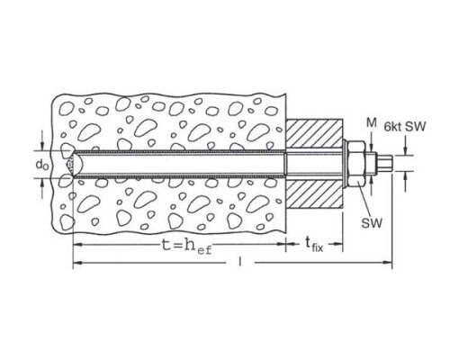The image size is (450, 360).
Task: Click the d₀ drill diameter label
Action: click(x=42, y=165)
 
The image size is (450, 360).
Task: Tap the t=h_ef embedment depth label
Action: click(x=186, y=247)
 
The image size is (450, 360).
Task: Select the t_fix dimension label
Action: click(x=314, y=245)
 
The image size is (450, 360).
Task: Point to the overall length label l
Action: click(x=239, y=261)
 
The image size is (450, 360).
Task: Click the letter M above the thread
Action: click(x=372, y=122)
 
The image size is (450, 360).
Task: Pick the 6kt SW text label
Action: click(x=405, y=127)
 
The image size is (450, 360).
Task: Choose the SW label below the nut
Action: click(x=372, y=223)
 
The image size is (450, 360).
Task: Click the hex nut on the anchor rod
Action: click(x=357, y=165)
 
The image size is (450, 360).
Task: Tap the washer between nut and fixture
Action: click(x=346, y=165)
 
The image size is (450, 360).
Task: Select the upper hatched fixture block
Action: click(x=314, y=134)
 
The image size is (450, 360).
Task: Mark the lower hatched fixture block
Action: click(x=314, y=193)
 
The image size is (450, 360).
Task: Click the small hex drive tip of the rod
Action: click(x=384, y=164)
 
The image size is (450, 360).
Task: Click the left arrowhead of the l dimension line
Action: click(x=77, y=263)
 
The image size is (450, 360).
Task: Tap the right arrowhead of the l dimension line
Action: click(x=388, y=263)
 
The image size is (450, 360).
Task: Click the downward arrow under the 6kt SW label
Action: click(x=405, y=146)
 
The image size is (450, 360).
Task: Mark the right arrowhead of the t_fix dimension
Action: click(x=338, y=244)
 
